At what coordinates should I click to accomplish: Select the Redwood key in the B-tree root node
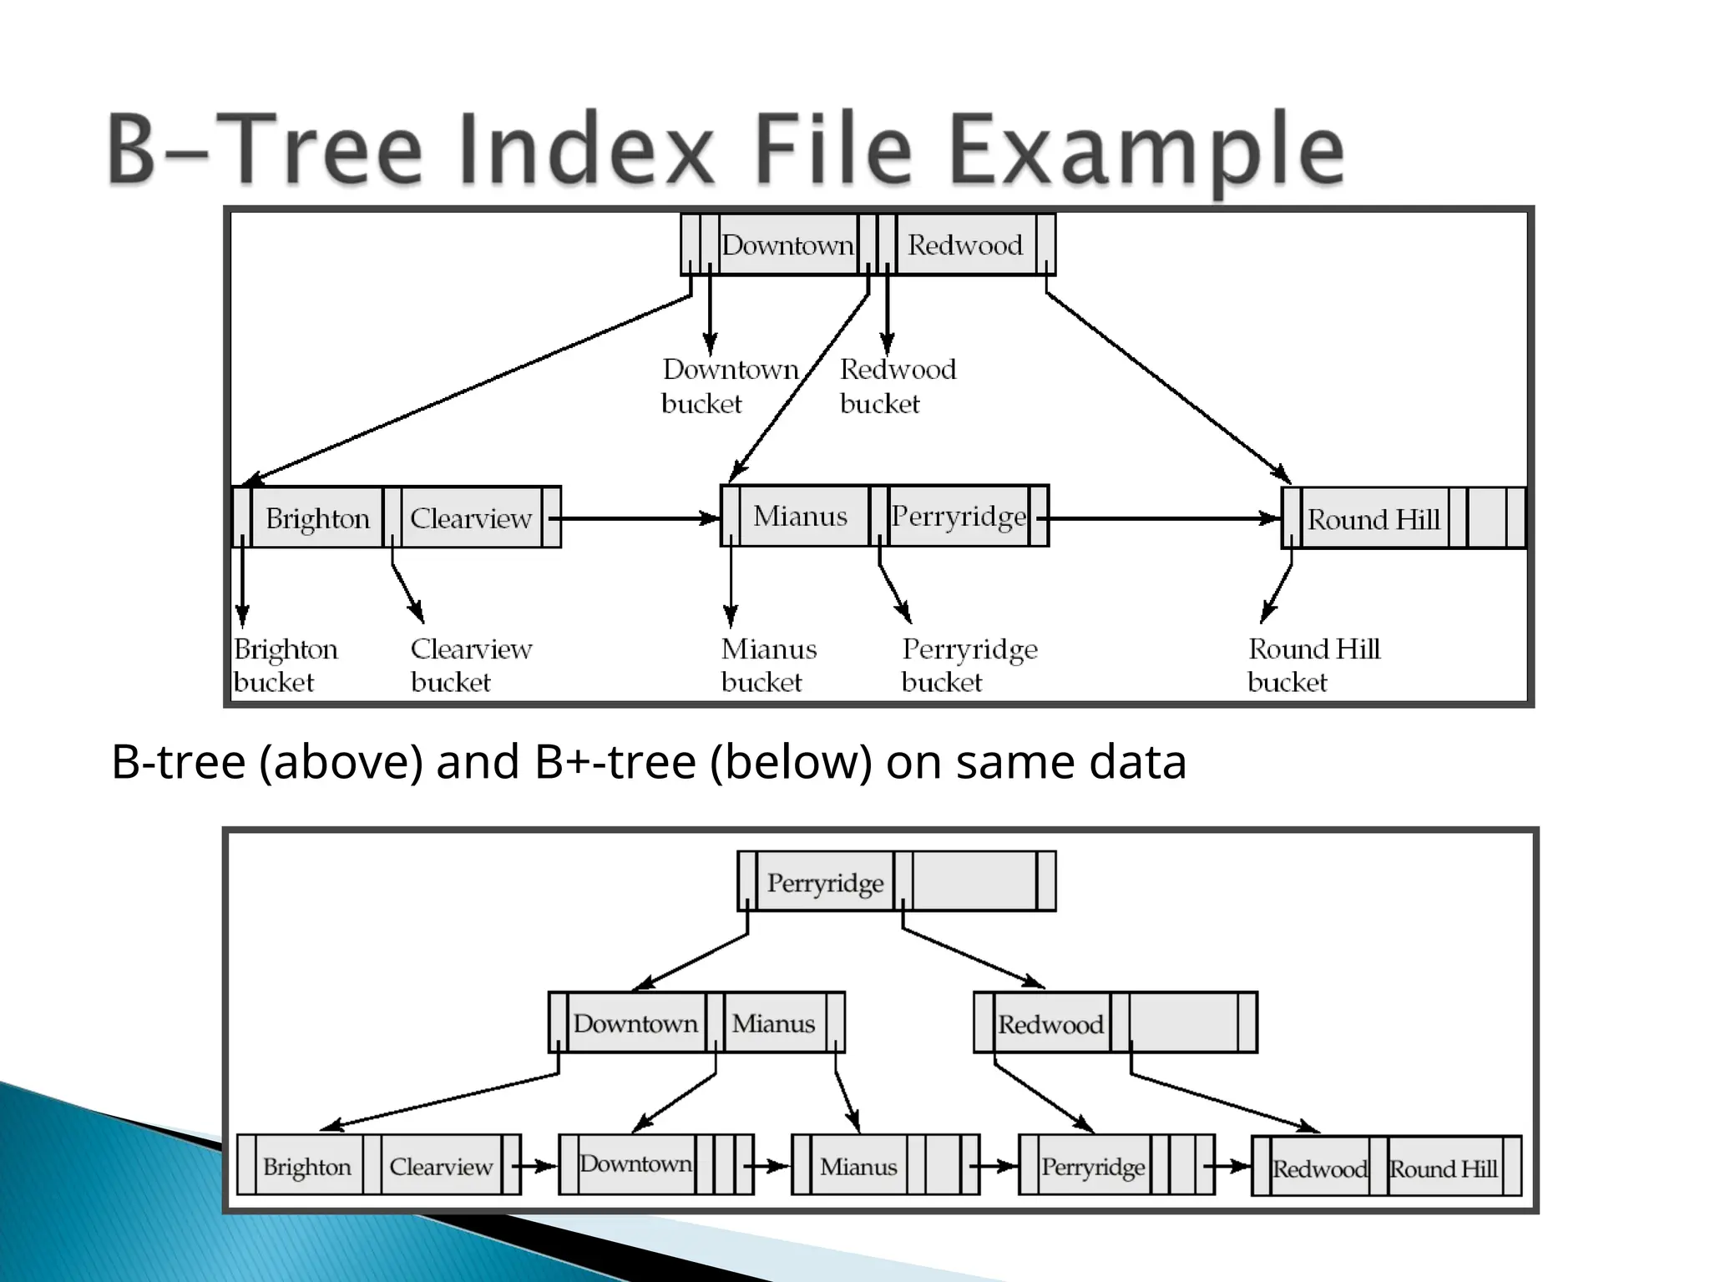coord(964,245)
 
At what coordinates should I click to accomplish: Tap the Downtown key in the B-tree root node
coord(787,245)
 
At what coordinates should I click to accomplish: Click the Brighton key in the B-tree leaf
coord(317,518)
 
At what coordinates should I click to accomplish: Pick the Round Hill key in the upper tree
coord(1374,519)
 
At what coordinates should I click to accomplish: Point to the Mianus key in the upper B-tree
coord(800,516)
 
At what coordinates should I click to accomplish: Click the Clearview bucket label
coord(471,665)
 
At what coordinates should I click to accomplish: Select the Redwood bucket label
coord(898,386)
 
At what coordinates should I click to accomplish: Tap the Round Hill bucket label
coord(1313,665)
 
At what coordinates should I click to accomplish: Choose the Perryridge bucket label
coord(969,665)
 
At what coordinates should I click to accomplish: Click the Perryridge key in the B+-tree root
coord(825,882)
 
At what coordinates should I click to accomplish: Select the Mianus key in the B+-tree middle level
coord(773,1023)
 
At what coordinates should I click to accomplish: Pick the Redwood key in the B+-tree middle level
coord(1050,1024)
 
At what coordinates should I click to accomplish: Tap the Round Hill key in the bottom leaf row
coord(1443,1168)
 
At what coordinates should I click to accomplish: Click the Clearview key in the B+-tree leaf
coord(441,1166)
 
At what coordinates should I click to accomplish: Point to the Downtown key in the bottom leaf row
coord(635,1163)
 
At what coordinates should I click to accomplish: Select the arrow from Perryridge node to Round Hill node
coord(1164,518)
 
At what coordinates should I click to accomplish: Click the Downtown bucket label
coord(730,386)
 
